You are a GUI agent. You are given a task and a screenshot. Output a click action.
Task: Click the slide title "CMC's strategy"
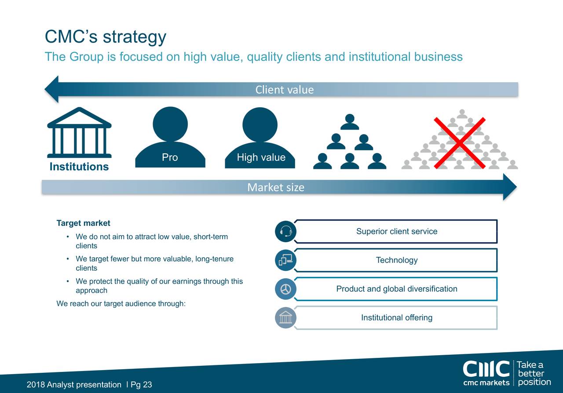106,37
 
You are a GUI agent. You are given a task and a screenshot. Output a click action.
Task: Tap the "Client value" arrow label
285,90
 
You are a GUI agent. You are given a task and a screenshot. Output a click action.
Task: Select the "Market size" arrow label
276,188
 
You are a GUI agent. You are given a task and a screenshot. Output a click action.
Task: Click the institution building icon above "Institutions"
79,132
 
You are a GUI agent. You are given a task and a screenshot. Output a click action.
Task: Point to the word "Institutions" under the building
79,167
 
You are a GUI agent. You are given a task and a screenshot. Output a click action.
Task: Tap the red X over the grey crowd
460,143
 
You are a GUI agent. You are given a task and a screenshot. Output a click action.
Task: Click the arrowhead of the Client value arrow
52,89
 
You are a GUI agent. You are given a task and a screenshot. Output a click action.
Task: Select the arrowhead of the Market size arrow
509,187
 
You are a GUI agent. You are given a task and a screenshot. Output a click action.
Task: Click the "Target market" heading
84,223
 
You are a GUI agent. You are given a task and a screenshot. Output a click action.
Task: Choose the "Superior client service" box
396,231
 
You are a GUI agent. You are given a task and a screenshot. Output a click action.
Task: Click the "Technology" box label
396,260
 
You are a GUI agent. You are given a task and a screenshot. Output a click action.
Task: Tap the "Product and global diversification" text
396,289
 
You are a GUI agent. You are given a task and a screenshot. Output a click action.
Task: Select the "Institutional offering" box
396,317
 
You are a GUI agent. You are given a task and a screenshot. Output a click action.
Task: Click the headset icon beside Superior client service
285,231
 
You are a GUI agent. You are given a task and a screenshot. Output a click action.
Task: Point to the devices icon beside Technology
285,260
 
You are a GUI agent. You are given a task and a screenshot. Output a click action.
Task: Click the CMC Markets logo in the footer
486,373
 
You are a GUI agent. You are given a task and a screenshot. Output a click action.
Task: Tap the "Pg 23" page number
141,385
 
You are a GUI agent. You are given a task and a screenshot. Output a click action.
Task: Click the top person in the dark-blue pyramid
350,122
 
